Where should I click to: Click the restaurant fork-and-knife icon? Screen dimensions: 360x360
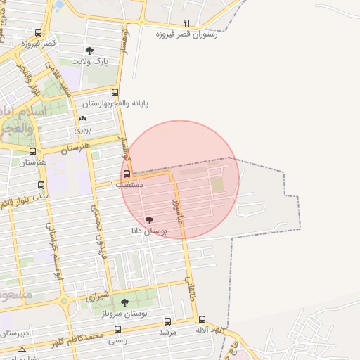[x=186, y=23]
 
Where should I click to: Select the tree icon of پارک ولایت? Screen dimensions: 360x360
[x=89, y=51]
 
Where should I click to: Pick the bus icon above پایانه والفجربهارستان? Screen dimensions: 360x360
[x=115, y=93]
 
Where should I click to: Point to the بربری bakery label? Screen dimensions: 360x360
[x=83, y=130]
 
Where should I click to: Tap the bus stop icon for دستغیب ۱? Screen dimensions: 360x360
[x=127, y=174]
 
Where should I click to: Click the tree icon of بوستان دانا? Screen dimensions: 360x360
[x=148, y=220]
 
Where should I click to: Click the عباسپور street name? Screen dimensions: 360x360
[x=176, y=208]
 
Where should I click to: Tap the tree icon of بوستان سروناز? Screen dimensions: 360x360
[x=124, y=302]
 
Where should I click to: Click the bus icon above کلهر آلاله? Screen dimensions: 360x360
[x=202, y=319]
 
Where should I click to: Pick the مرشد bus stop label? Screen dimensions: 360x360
[x=167, y=330]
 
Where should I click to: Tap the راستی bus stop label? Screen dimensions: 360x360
[x=118, y=340]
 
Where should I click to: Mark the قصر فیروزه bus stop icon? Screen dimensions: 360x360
[x=37, y=32]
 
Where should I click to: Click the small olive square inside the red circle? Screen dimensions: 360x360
[x=217, y=185]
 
